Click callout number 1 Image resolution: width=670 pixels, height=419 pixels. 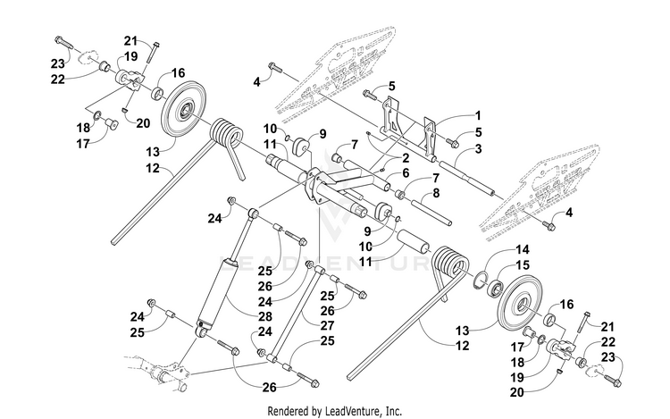pos(478,116)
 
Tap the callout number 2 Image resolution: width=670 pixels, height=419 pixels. pos(406,158)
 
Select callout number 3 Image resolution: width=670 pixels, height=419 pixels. pos(478,149)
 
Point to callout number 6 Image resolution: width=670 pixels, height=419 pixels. pos(406,173)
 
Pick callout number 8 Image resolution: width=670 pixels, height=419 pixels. pos(436,193)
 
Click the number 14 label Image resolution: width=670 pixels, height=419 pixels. pos(523,250)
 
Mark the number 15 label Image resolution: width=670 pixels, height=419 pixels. pos(523,265)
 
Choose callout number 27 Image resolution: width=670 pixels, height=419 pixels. pos(327,325)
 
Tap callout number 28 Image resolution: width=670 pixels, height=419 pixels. pos(265,316)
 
